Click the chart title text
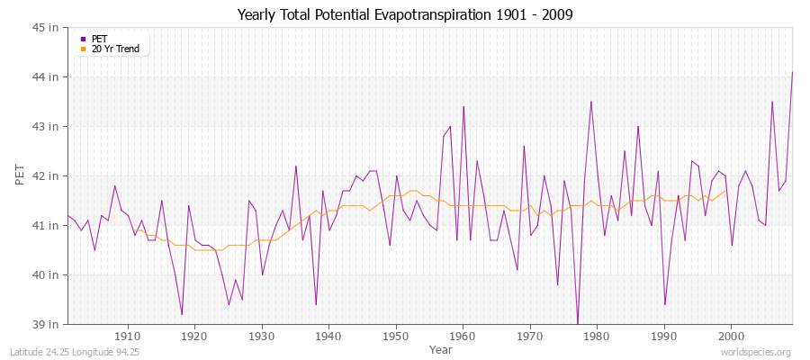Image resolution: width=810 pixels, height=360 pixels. pos(405,14)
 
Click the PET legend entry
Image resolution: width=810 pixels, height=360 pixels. pos(100,39)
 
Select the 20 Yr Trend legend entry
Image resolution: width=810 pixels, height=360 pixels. pos(116,49)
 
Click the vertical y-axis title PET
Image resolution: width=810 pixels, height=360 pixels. pos(21,175)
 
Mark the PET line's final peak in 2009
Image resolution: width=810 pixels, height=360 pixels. pos(792,72)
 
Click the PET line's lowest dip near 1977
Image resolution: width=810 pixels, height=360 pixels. pos(578,323)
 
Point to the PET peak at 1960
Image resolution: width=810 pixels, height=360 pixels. pos(463,107)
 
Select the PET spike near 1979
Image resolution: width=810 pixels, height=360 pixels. pos(591,102)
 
